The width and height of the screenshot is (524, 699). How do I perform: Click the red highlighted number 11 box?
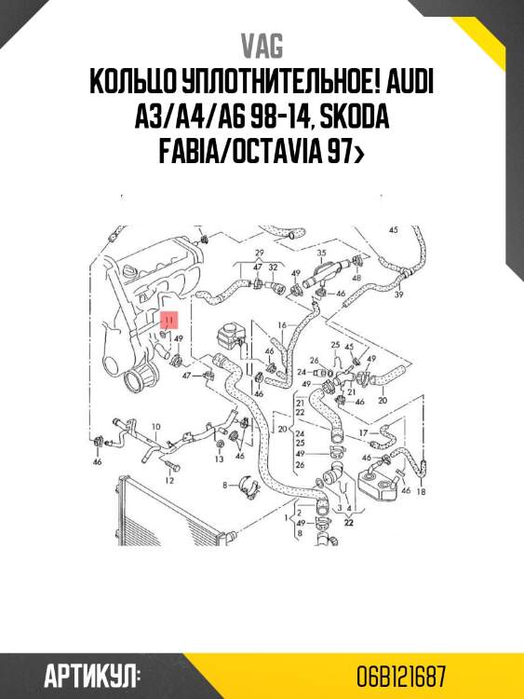click(169, 319)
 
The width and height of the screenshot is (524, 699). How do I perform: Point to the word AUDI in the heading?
click(407, 83)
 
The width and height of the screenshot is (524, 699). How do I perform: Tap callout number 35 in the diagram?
click(321, 253)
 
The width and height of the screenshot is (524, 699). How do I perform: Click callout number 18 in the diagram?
click(421, 491)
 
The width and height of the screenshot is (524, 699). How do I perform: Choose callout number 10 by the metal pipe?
click(155, 427)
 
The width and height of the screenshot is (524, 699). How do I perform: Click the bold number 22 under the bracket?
click(350, 523)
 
